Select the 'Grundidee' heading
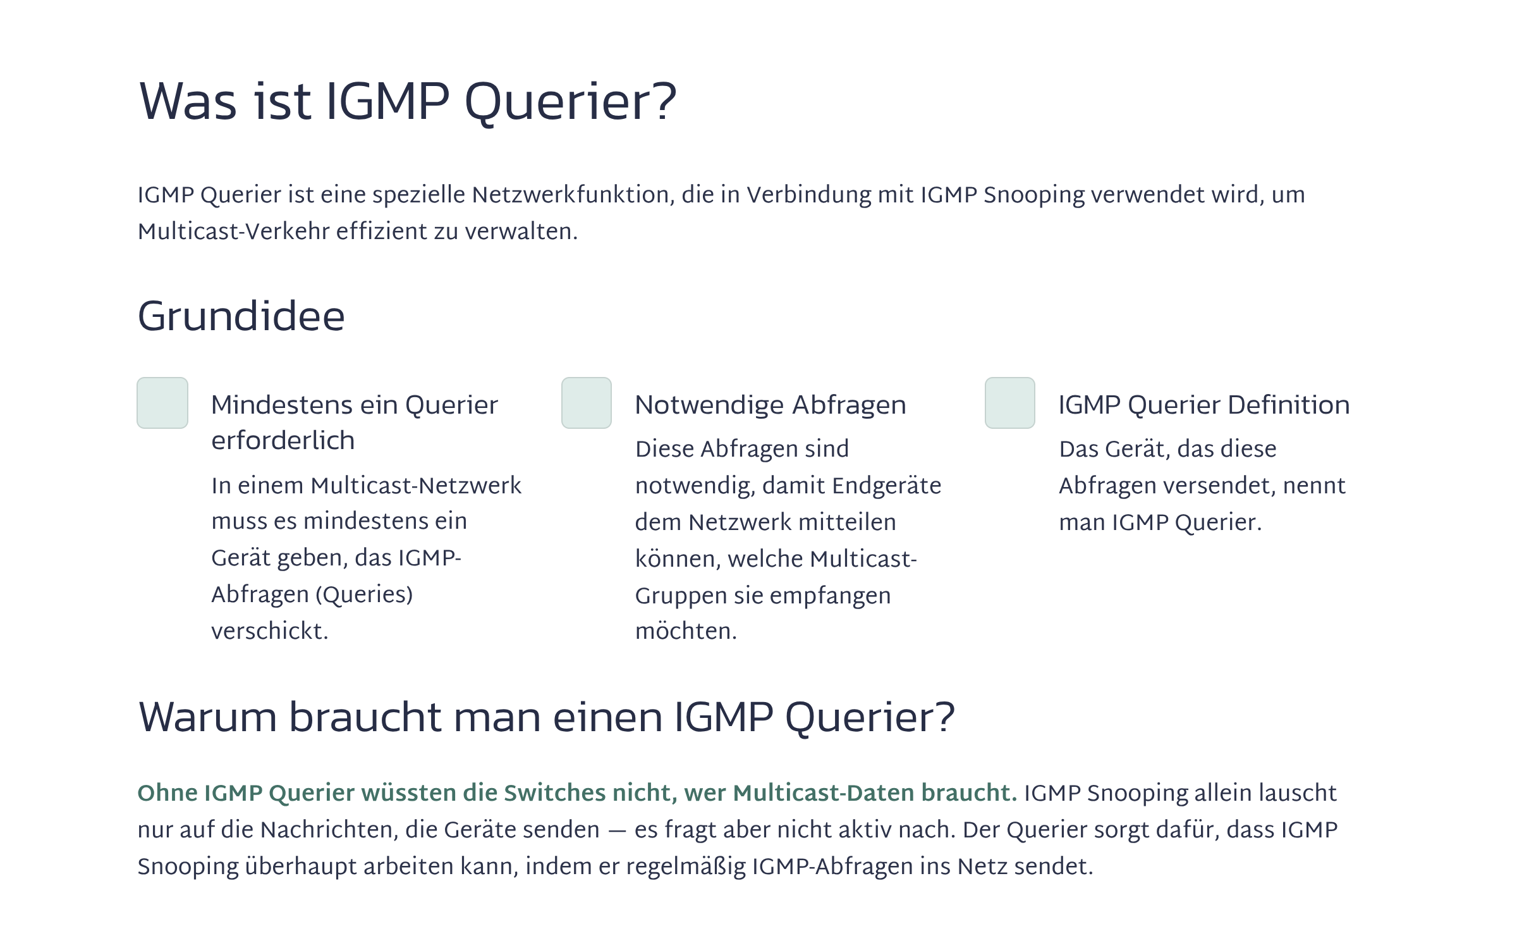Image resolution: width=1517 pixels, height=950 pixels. (x=241, y=316)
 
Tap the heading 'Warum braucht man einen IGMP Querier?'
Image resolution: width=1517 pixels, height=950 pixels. (x=547, y=717)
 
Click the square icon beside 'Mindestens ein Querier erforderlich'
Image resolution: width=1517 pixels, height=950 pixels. (x=162, y=403)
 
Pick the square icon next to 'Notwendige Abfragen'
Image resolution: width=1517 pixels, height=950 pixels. (x=587, y=403)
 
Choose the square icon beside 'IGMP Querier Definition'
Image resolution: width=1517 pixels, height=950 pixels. (x=1010, y=403)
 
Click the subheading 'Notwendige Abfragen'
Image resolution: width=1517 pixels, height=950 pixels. (x=771, y=405)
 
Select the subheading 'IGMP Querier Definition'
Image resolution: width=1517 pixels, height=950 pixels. (x=1204, y=405)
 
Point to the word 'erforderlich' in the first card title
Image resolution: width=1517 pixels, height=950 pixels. (x=283, y=440)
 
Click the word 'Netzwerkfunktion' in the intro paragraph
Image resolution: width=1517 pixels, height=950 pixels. (x=571, y=195)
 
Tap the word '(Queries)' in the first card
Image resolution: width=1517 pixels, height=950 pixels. (x=364, y=595)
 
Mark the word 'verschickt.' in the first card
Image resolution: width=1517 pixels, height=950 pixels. (x=270, y=631)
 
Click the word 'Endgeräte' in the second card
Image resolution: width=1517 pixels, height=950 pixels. (x=887, y=486)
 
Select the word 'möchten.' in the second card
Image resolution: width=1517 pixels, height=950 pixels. (x=686, y=631)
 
